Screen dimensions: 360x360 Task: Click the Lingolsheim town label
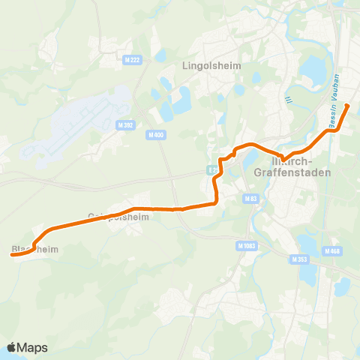point(211,65)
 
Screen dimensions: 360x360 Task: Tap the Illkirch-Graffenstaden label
point(298,166)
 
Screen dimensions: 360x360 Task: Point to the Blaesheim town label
point(34,248)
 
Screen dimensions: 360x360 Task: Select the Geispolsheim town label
point(118,217)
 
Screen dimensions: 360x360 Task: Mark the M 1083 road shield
point(245,245)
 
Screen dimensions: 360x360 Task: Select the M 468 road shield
point(332,250)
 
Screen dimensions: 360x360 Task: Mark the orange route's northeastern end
point(346,106)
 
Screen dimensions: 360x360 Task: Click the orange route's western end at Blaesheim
point(11,255)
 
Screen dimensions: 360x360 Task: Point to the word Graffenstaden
point(298,172)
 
